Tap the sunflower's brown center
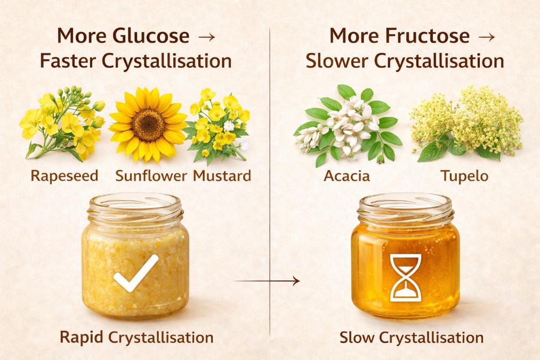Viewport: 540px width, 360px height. (148, 119)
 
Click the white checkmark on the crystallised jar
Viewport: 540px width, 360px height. (136, 273)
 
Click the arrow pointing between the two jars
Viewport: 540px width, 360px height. (267, 281)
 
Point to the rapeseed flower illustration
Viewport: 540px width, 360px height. (61, 123)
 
